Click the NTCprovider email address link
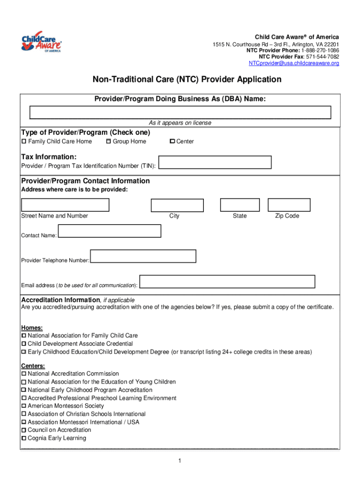pyautogui.click(x=294, y=63)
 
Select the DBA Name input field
pyautogui.click(x=180, y=113)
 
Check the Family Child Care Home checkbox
pyautogui.click(x=24, y=142)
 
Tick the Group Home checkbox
pyautogui.click(x=108, y=141)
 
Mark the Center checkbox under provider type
pyautogui.click(x=172, y=141)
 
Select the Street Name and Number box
pyautogui.click(x=65, y=205)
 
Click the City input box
pyautogui.click(x=177, y=205)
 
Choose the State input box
pyautogui.click(x=240, y=205)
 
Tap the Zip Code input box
pyautogui.click(x=289, y=205)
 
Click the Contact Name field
pyautogui.click(x=109, y=231)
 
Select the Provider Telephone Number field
pyautogui.click(x=143, y=256)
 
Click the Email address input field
pyautogui.click(x=228, y=281)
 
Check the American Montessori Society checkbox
pyautogui.click(x=24, y=406)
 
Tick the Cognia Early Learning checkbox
pyautogui.click(x=24, y=438)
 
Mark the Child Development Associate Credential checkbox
pyautogui.click(x=24, y=344)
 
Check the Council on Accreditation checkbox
pyautogui.click(x=24, y=430)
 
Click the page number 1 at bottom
pyautogui.click(x=180, y=461)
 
